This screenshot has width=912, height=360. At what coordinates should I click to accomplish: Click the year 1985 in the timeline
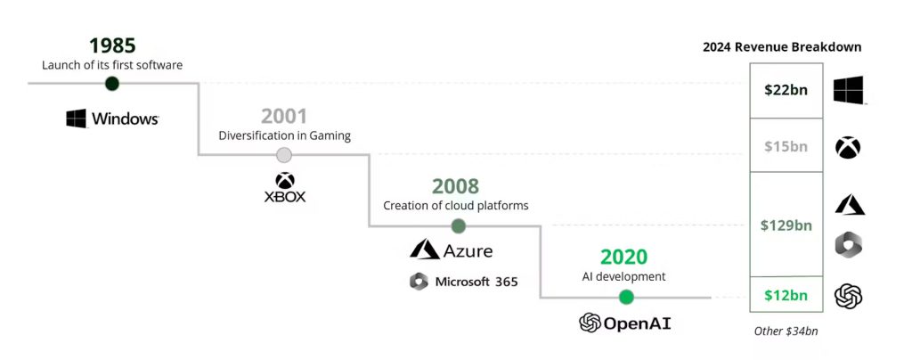point(112,46)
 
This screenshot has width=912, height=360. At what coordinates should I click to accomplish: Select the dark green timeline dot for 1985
point(112,84)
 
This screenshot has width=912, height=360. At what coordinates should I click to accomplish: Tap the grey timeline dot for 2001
point(284,155)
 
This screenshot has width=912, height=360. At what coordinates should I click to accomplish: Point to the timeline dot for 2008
point(459,225)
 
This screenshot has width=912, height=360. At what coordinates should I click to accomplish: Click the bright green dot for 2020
point(626,298)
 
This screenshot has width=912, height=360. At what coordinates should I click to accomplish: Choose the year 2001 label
point(284,117)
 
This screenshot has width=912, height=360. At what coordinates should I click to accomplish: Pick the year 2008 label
point(455,186)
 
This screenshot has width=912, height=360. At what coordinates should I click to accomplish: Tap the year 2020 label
point(623,257)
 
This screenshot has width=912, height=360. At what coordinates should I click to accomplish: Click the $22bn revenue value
point(786,90)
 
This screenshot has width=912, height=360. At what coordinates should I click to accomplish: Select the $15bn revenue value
point(786,146)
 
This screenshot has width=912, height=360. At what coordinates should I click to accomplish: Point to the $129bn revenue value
point(786,225)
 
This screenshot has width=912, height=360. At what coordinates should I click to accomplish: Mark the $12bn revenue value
point(786,296)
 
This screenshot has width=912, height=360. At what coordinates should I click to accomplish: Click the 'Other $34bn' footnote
point(786,331)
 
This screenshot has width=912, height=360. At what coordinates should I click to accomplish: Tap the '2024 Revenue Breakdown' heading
point(782,47)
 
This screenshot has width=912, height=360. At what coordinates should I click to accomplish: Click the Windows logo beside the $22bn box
point(848,90)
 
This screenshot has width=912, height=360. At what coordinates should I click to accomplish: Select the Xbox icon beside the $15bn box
point(848,147)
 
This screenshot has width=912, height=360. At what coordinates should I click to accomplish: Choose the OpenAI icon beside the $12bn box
point(848,296)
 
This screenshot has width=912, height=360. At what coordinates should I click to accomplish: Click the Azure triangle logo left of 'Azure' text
point(425,249)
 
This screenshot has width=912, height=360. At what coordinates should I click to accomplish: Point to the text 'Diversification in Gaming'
point(284,135)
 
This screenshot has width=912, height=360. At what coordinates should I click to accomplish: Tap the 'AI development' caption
point(623,276)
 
